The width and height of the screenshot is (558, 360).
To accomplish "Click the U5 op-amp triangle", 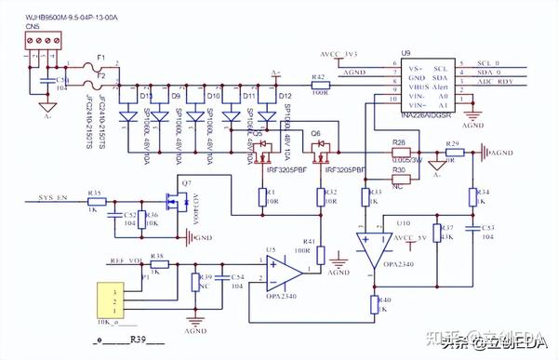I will pyautogui.click(x=285, y=271).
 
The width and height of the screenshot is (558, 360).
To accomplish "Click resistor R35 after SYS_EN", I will pyautogui.click(x=94, y=202).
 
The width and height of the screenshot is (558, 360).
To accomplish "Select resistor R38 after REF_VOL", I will pyautogui.click(x=159, y=264).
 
